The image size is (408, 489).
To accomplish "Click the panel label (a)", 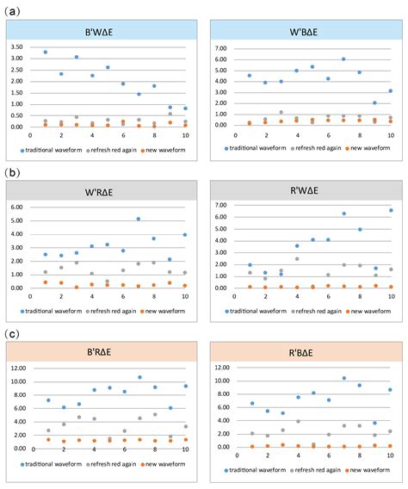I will (14, 11).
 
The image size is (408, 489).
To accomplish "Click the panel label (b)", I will (14, 172).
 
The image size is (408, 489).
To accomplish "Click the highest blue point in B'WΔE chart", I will (46, 53).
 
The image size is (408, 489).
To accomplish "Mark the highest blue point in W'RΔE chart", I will (139, 219).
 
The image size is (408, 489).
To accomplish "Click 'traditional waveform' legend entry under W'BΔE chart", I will (256, 148).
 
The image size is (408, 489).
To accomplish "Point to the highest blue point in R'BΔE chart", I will (343, 378).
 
